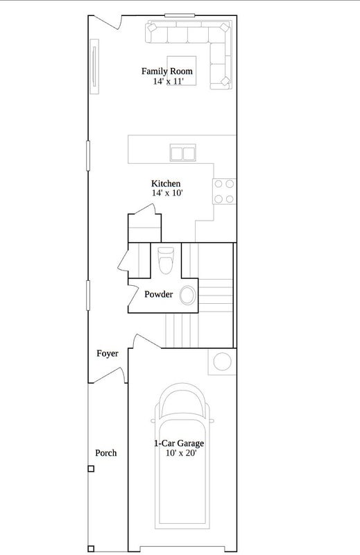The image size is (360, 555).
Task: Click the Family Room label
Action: (x=167, y=71)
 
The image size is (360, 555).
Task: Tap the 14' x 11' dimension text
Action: (x=169, y=81)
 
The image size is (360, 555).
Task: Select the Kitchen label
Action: (x=166, y=184)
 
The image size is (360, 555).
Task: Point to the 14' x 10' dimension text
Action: (x=167, y=193)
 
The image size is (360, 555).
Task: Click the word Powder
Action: (x=159, y=294)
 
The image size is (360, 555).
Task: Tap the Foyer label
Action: (x=108, y=353)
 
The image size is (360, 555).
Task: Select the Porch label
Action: (x=106, y=453)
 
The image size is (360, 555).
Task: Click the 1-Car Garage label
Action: (x=179, y=443)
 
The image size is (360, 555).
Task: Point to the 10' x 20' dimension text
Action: (x=181, y=453)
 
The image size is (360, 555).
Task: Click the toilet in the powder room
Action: (x=166, y=260)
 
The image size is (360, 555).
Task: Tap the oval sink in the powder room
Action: (x=187, y=296)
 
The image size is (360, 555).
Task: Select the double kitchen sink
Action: (x=182, y=153)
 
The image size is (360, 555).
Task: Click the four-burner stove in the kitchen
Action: (x=224, y=191)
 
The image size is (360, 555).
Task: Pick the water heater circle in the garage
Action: (x=222, y=361)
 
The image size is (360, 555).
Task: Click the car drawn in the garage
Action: (x=182, y=456)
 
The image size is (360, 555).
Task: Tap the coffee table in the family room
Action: (x=182, y=71)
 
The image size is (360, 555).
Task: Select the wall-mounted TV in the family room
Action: (x=94, y=67)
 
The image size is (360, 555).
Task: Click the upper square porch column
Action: (x=91, y=469)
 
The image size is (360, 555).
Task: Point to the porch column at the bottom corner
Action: (x=91, y=549)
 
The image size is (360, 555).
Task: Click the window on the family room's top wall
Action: (x=180, y=15)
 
